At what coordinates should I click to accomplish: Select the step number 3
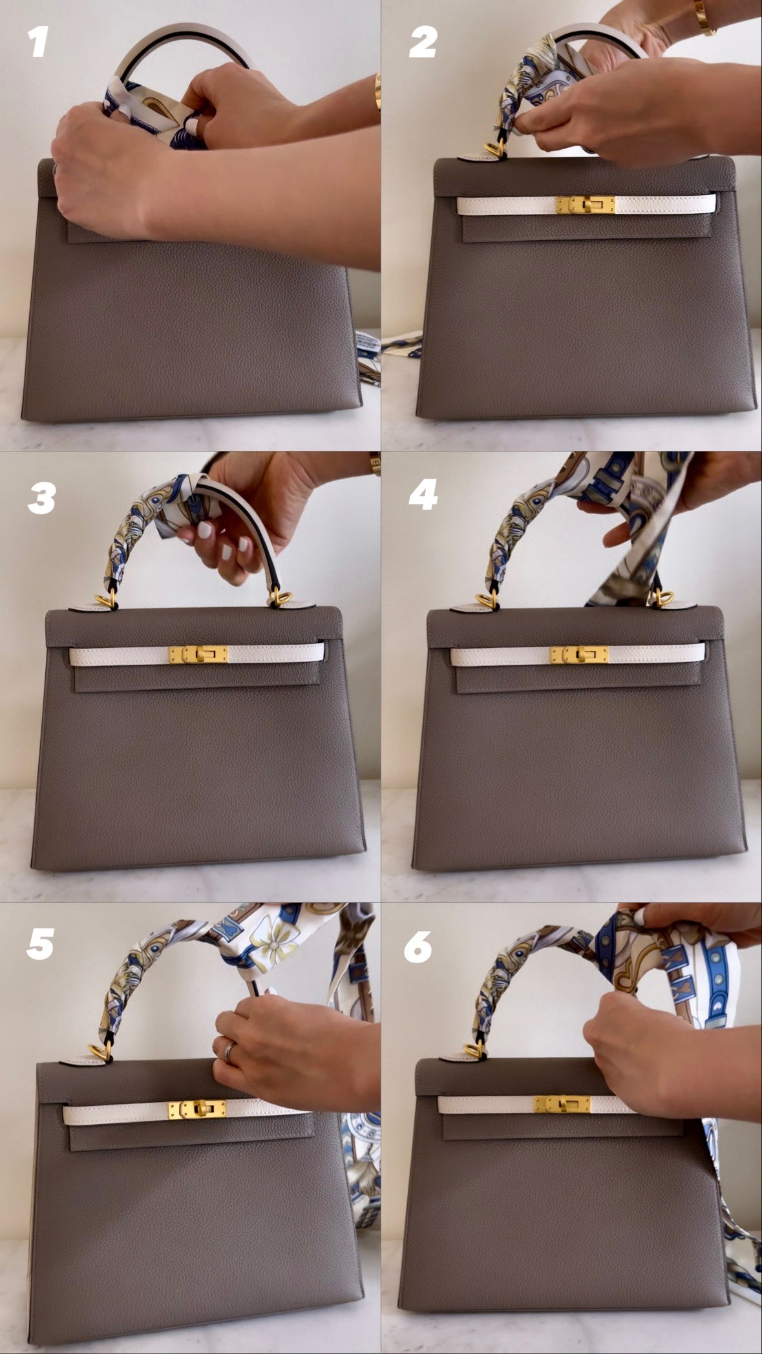click(41, 498)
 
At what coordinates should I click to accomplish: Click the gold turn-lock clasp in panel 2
click(586, 205)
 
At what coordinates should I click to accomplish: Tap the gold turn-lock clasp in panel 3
click(198, 655)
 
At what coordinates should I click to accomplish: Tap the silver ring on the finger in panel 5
click(229, 1052)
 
